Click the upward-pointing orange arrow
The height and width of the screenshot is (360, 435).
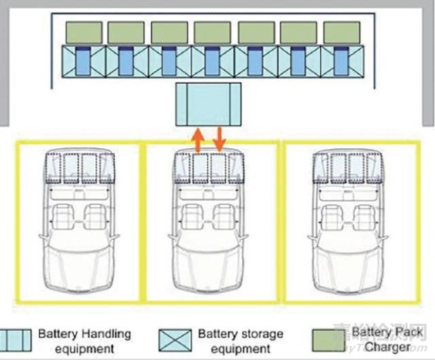point(196,140)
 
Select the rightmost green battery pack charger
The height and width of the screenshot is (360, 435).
point(343,32)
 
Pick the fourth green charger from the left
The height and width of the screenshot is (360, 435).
point(213,32)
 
